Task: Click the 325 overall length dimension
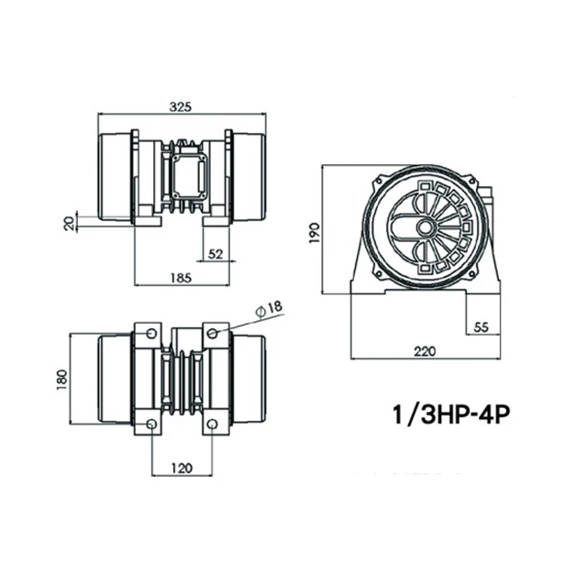pos(181,107)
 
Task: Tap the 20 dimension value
pos(70,223)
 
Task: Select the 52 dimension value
pos(216,254)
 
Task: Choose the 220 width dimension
pos(424,349)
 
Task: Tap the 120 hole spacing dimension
pos(182,468)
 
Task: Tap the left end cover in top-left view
pos(116,179)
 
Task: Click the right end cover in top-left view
pos(248,179)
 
